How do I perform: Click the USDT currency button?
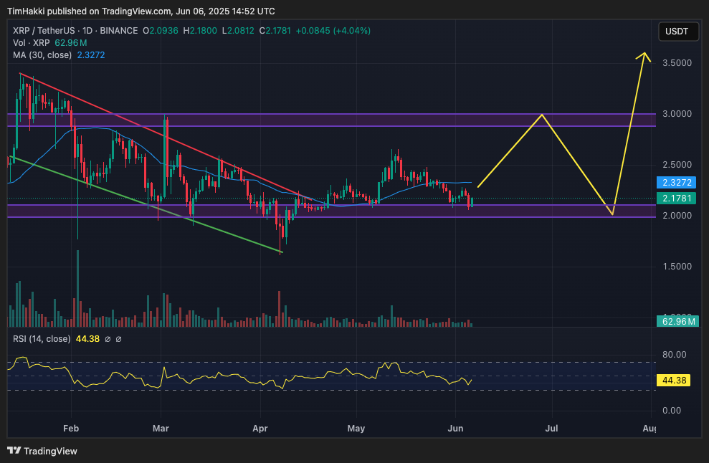pos(676,32)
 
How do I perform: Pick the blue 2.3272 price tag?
pos(676,183)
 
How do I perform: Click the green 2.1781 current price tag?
pos(676,198)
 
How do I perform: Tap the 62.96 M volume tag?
pos(676,321)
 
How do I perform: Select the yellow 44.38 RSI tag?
pos(676,381)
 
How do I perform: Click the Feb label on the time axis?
pos(70,429)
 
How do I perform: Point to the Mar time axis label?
pos(161,429)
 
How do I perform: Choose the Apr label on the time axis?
pos(260,429)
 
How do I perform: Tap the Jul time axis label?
pos(551,429)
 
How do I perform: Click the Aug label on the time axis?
pos(649,429)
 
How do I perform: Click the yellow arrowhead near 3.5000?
pos(645,54)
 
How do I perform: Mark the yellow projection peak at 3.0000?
pos(543,115)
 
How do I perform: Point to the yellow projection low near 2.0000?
pos(612,214)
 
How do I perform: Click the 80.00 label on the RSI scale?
pos(675,355)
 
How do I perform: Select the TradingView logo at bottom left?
pos(42,451)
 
